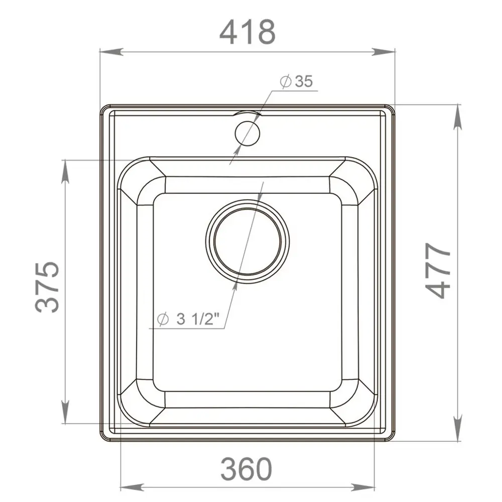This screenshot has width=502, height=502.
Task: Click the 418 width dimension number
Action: point(247,32)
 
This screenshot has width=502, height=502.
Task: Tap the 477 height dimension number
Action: point(438,270)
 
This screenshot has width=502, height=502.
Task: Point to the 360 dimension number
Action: point(246,469)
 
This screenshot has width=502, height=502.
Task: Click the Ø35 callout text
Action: point(296,81)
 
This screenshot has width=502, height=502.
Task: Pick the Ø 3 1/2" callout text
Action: point(188,319)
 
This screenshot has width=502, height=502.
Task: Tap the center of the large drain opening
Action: point(247,241)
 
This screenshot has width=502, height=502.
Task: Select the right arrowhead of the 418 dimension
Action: point(383,52)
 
